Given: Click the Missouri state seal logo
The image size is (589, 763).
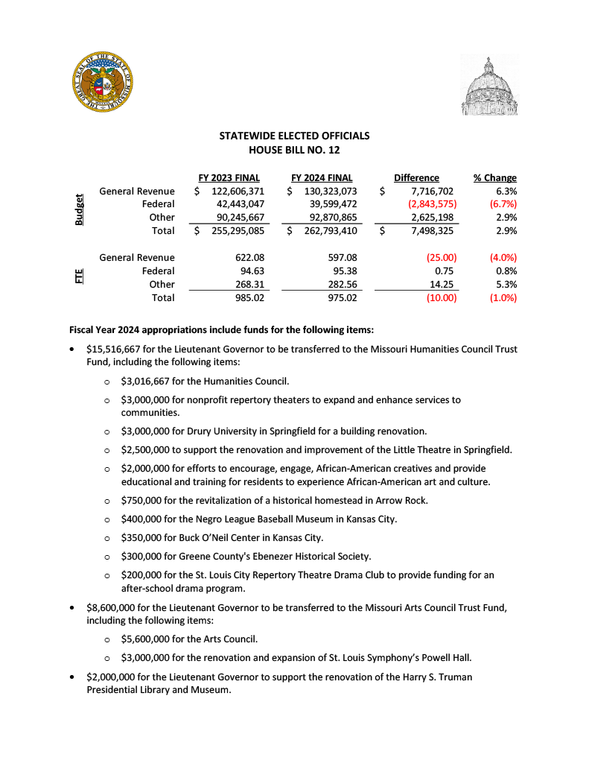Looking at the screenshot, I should click(x=104, y=83).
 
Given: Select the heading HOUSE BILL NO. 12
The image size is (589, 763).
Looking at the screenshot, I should click(x=294, y=150).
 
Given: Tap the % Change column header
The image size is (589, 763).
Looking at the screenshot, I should click(x=495, y=178).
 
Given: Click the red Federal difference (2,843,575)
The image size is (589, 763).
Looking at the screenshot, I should click(x=432, y=204).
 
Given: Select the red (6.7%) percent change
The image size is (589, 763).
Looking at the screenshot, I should click(x=502, y=204).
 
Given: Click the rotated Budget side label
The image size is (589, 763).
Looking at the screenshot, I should click(x=78, y=211).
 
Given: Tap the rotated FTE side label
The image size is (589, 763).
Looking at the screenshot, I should click(x=78, y=277).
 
